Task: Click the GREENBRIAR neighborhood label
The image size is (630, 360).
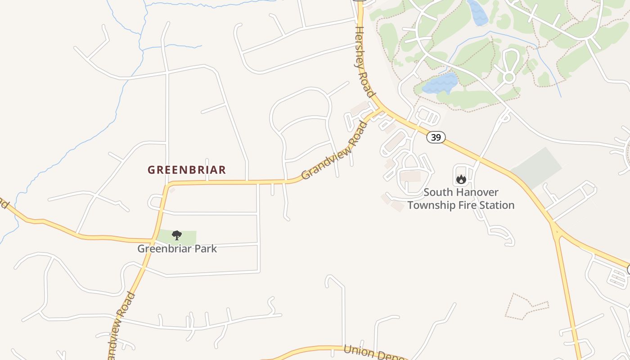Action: tap(187, 170)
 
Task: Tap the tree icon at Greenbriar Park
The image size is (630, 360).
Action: tap(177, 235)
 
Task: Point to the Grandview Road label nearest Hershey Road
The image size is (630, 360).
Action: tap(334, 150)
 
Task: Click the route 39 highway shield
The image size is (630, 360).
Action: tap(436, 137)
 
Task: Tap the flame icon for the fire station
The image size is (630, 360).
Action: tap(461, 180)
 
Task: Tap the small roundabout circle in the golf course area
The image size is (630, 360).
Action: tap(509, 77)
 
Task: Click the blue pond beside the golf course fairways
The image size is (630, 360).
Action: tap(440, 84)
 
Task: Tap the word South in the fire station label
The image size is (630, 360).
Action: tap(438, 192)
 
